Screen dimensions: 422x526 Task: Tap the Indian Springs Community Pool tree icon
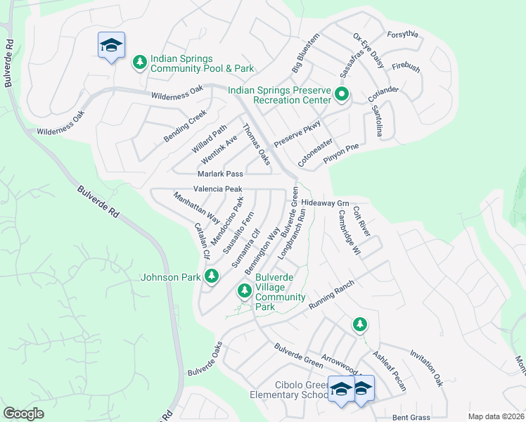140,62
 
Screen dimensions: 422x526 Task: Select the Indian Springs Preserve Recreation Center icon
342,94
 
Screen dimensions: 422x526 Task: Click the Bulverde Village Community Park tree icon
244,290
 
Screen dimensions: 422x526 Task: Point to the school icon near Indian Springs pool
111,46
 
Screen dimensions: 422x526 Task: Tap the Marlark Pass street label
220,173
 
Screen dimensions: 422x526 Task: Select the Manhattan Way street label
195,209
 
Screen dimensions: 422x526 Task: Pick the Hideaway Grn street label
325,203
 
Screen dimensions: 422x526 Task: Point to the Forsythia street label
402,34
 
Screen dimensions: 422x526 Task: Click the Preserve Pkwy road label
297,132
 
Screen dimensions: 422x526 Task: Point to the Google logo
23,414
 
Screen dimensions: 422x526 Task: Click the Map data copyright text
496,416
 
